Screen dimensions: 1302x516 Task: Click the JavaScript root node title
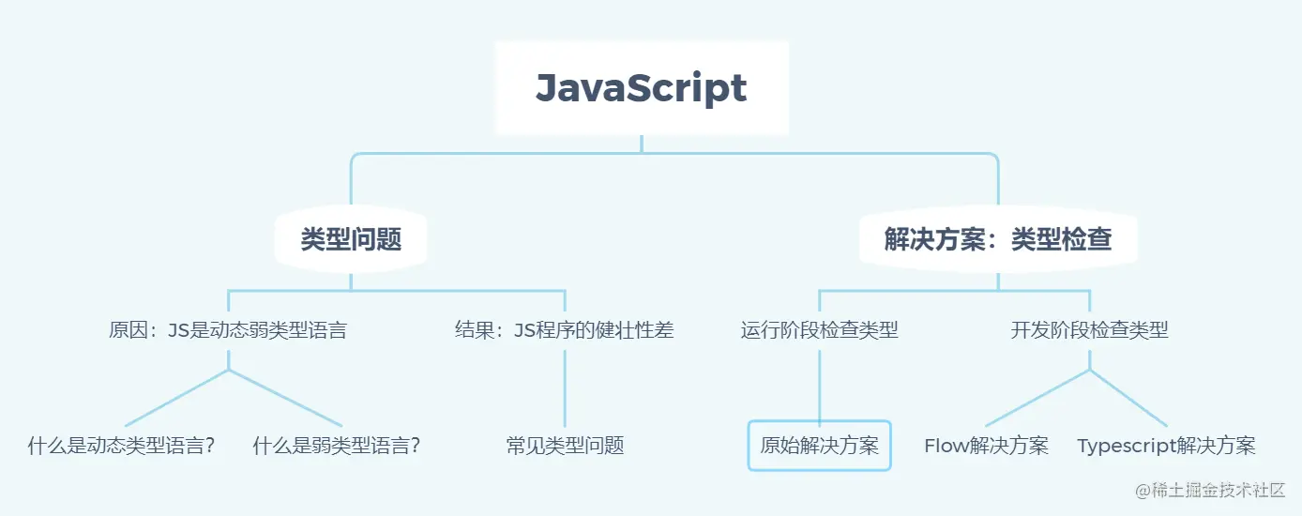641,88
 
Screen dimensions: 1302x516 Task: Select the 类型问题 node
351,239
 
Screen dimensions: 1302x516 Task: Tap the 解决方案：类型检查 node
998,239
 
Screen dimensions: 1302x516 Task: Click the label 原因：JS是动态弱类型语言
228,330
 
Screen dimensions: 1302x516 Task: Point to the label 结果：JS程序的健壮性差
565,330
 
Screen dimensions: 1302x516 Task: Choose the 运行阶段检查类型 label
820,330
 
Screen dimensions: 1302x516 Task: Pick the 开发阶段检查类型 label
1089,330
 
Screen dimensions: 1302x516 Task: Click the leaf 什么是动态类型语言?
122,446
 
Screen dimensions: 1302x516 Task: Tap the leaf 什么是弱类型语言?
337,446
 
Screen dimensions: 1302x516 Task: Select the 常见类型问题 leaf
565,446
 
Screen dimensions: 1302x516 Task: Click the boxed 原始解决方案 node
820,446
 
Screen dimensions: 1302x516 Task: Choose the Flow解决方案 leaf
987,446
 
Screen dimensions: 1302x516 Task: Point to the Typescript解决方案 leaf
1167,446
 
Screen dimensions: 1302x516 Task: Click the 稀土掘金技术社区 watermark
1210,490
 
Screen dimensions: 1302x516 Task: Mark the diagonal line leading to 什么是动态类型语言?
176,398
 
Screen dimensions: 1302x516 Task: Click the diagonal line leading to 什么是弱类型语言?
285,398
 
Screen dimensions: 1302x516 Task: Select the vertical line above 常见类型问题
565,388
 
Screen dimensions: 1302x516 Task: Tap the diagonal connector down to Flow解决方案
1037,398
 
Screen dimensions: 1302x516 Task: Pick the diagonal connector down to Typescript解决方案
1128,398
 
